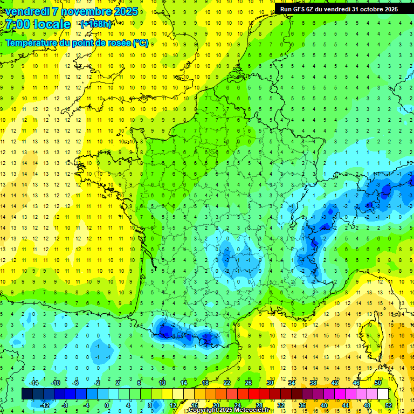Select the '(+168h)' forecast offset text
[96, 24]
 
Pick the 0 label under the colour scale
[106, 405]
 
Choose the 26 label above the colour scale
[249, 383]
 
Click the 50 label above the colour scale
[377, 383]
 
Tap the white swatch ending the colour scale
[383, 394]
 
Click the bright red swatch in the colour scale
[254, 394]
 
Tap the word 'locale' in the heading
[51, 24]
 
